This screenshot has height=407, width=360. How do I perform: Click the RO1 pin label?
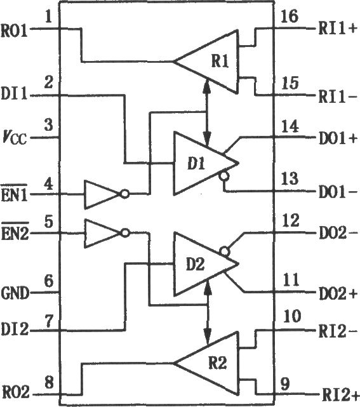(x=15, y=30)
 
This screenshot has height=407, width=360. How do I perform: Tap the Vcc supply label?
(x=15, y=137)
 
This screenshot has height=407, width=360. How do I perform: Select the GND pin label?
(x=15, y=293)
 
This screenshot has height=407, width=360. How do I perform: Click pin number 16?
(x=290, y=17)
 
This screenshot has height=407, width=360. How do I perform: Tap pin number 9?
(x=285, y=384)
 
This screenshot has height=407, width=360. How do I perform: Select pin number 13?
(x=290, y=178)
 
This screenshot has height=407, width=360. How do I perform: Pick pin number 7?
(x=48, y=322)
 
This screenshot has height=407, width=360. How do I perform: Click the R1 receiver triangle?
(x=206, y=62)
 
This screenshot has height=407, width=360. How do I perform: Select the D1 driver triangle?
(x=206, y=163)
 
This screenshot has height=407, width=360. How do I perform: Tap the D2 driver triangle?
(x=206, y=264)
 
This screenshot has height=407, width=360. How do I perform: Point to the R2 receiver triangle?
(x=206, y=363)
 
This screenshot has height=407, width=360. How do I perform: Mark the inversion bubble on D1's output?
(x=224, y=177)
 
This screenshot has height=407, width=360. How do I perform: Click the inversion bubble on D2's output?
(x=225, y=251)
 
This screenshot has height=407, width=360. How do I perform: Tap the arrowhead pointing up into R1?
(x=207, y=84)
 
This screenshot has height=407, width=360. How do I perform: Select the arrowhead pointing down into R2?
(x=207, y=337)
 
